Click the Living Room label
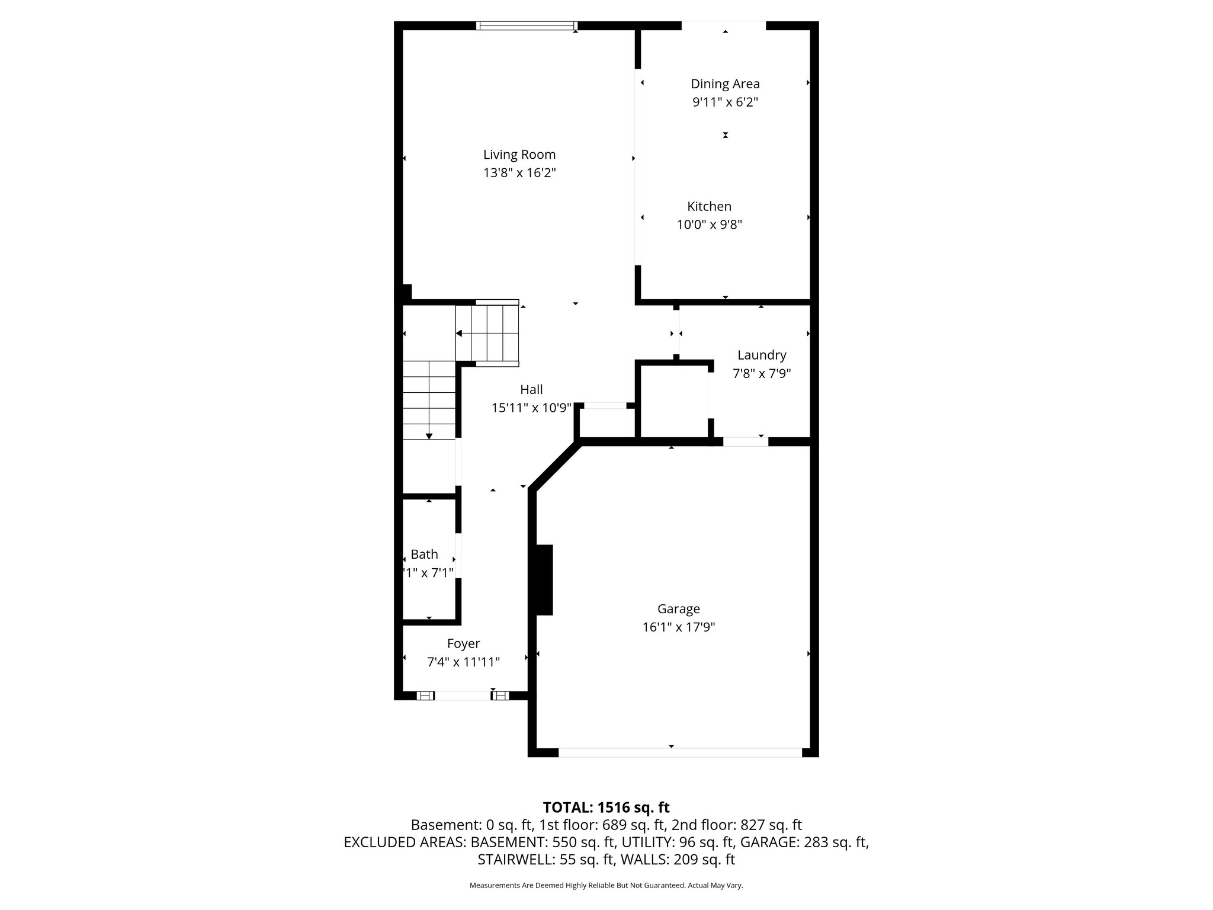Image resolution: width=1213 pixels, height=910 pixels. [519, 155]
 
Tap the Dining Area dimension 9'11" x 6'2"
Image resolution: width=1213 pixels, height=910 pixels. [725, 102]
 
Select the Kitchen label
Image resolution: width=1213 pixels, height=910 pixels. [709, 206]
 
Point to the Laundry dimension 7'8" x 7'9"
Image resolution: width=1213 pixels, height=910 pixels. [761, 373]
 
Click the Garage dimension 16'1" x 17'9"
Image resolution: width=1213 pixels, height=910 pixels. [678, 627]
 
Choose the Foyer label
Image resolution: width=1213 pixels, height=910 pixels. [463, 643]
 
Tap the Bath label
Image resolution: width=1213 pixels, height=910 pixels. [424, 554]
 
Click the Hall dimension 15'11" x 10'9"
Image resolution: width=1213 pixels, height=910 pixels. [531, 408]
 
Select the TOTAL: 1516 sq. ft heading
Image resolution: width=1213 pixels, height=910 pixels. [606, 807]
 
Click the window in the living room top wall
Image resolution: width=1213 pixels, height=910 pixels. [527, 25]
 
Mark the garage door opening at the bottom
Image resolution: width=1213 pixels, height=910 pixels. [679, 752]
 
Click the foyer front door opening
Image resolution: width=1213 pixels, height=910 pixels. [463, 696]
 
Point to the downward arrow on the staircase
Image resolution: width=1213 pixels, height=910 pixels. [429, 435]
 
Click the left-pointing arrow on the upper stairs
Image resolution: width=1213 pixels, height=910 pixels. [459, 334]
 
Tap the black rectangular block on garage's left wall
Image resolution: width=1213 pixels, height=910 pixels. [544, 580]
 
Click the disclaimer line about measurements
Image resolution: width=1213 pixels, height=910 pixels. [606, 885]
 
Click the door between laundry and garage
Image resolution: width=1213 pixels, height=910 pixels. [745, 441]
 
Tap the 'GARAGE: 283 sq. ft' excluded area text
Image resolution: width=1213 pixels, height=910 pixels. [804, 842]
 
